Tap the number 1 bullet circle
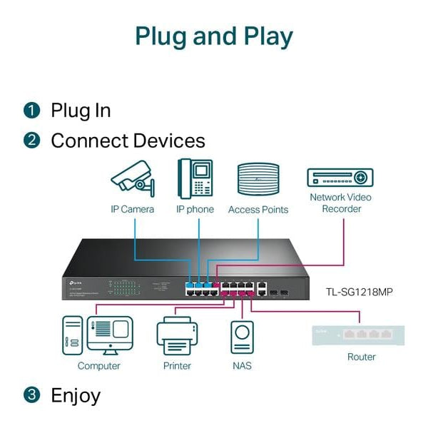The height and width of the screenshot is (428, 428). [x=31, y=111]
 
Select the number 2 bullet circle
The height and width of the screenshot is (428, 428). [x=31, y=141]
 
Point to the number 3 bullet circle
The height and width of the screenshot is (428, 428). [x=31, y=394]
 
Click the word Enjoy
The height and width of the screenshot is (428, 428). [x=76, y=395]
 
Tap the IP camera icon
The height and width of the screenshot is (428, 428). [x=133, y=178]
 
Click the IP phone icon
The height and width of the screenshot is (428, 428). [x=195, y=178]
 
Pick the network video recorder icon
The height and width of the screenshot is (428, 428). [x=340, y=178]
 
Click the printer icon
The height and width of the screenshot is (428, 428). [x=176, y=336]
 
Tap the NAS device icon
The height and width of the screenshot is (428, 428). [x=242, y=337]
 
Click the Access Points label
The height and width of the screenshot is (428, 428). [x=258, y=210]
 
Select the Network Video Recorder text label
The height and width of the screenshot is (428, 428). [x=341, y=203]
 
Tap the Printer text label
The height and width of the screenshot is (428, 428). [x=177, y=366]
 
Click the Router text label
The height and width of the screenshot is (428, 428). [x=361, y=357]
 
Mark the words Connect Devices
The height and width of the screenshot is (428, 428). [x=128, y=141]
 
